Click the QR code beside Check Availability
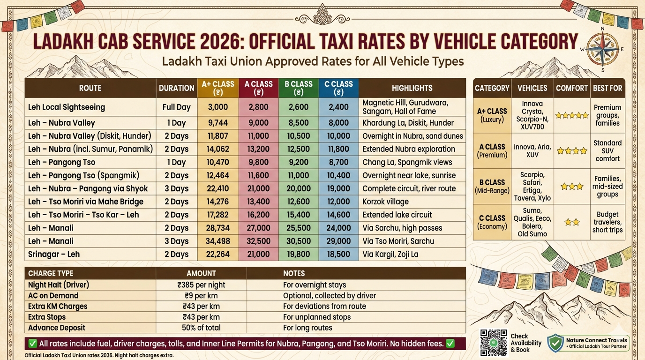494,343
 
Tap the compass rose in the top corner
602,49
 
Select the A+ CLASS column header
218,88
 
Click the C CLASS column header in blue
338,88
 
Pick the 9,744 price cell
218,123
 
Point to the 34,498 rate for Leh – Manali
218,241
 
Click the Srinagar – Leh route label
54,254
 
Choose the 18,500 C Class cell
338,254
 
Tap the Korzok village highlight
385,202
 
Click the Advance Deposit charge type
57,328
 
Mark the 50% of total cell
202,328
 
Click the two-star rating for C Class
572,222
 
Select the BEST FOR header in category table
607,88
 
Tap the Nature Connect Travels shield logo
555,343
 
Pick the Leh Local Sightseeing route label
67,107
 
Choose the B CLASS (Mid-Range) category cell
492,186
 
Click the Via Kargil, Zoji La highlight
390,254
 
